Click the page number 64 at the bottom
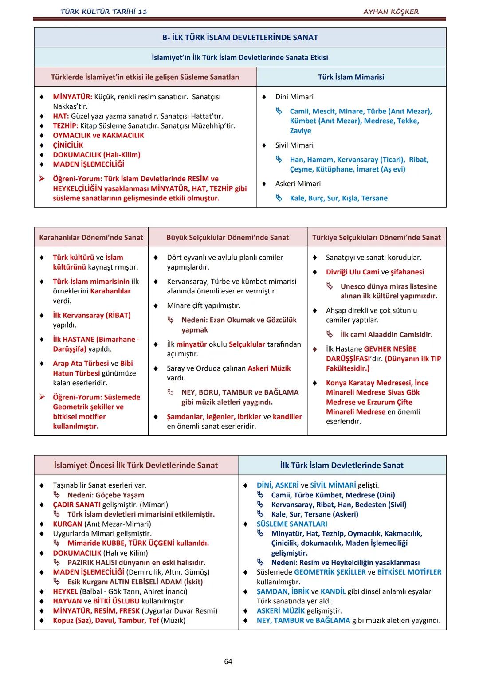(x=228, y=661)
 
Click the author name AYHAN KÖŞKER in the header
(x=391, y=12)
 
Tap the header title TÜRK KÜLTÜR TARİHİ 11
(x=103, y=12)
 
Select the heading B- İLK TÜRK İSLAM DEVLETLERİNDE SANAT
(x=240, y=38)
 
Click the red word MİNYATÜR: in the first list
(x=72, y=97)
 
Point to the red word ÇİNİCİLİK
(x=68, y=145)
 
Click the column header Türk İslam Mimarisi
(x=351, y=77)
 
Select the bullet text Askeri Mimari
(x=298, y=184)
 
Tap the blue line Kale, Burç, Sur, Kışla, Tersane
(x=338, y=198)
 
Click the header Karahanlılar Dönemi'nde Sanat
(x=91, y=237)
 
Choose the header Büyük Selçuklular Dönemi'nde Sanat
(x=227, y=237)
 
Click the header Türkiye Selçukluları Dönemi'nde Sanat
(x=376, y=237)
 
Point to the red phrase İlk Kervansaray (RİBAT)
(x=91, y=315)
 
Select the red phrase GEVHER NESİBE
(x=390, y=349)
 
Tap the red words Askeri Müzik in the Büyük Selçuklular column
(x=269, y=368)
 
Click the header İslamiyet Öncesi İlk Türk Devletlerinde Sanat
(x=136, y=465)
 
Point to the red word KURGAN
(x=67, y=524)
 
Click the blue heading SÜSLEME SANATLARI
(x=292, y=524)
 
